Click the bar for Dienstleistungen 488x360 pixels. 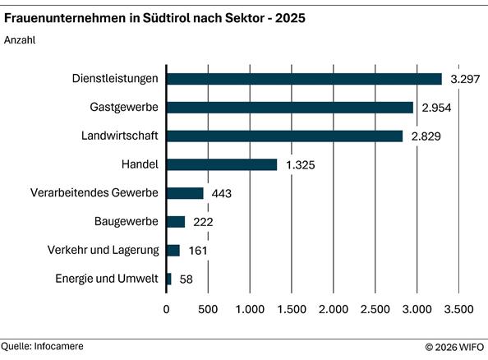[304, 79]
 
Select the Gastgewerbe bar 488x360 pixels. [290, 108]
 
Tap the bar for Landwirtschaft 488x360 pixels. [284, 136]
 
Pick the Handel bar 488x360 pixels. [222, 164]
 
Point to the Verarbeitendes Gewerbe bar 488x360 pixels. [185, 193]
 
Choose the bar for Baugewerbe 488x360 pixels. [176, 222]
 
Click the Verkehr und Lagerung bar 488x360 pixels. [173, 251]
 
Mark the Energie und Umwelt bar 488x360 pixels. [169, 279]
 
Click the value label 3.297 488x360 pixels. [464, 79]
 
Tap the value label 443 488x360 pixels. [222, 193]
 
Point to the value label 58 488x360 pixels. [186, 279]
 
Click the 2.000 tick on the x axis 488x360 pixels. [334, 310]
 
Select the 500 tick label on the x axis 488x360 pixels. [209, 310]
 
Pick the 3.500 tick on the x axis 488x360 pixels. [458, 310]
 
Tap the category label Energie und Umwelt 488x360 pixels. [107, 279]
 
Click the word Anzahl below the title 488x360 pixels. [21, 39]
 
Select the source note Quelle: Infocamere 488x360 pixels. [43, 347]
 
